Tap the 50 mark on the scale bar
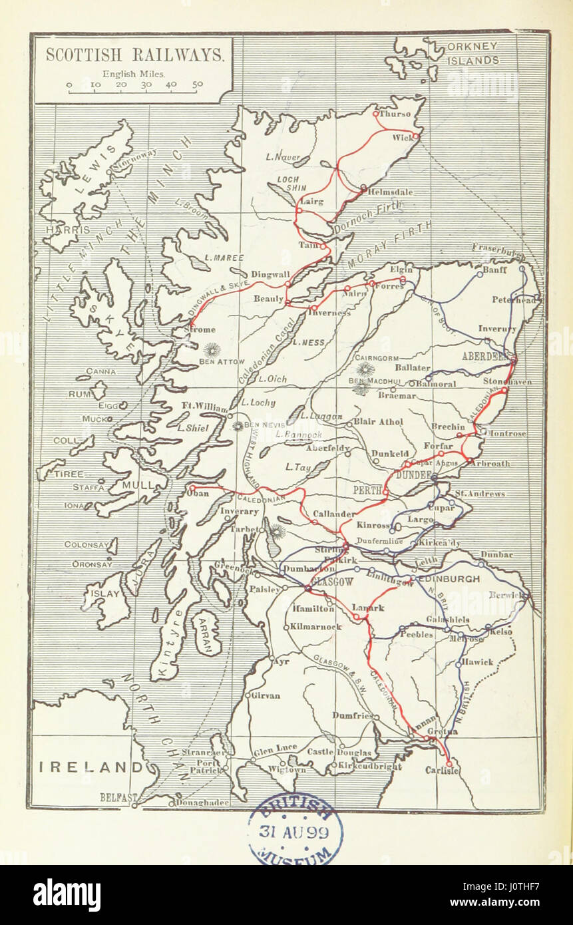pyautogui.click(x=198, y=85)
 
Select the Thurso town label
pyautogui.click(x=395, y=114)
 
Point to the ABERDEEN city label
pyautogui.click(x=485, y=356)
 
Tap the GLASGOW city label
pyautogui.click(x=332, y=581)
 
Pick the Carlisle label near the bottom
pyautogui.click(x=442, y=771)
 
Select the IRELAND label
pyautogui.click(x=91, y=767)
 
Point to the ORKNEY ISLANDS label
pyautogui.click(x=473, y=54)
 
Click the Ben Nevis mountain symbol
pyautogui.click(x=238, y=425)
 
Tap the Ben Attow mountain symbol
pyautogui.click(x=212, y=349)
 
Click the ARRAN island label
pyautogui.click(x=204, y=632)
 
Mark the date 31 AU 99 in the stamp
pyautogui.click(x=295, y=831)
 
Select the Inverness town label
pyautogui.click(x=329, y=313)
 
